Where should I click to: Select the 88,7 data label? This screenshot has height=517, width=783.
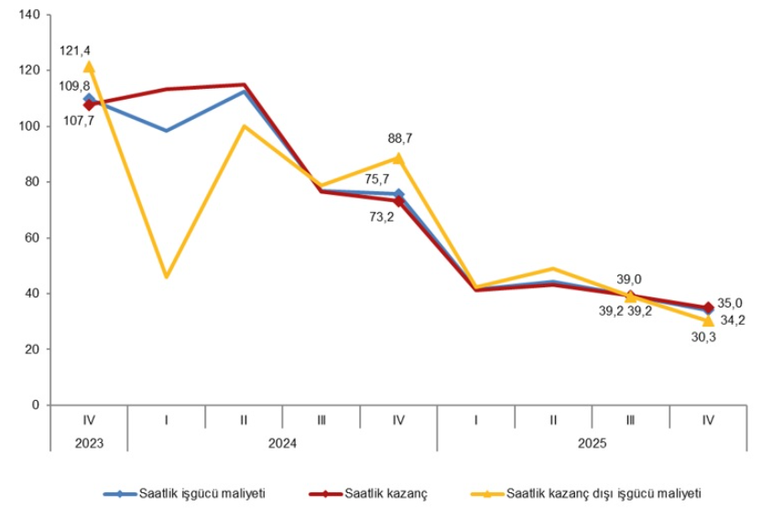401,138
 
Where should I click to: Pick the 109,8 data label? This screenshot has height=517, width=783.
76,86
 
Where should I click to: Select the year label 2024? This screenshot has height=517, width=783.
282,442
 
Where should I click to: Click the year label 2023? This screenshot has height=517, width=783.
89,442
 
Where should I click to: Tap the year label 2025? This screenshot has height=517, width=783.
592,442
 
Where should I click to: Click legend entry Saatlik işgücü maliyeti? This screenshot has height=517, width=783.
201,493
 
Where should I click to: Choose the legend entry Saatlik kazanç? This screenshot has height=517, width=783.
386,493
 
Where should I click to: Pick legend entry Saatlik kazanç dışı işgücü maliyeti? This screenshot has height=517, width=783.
604,493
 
